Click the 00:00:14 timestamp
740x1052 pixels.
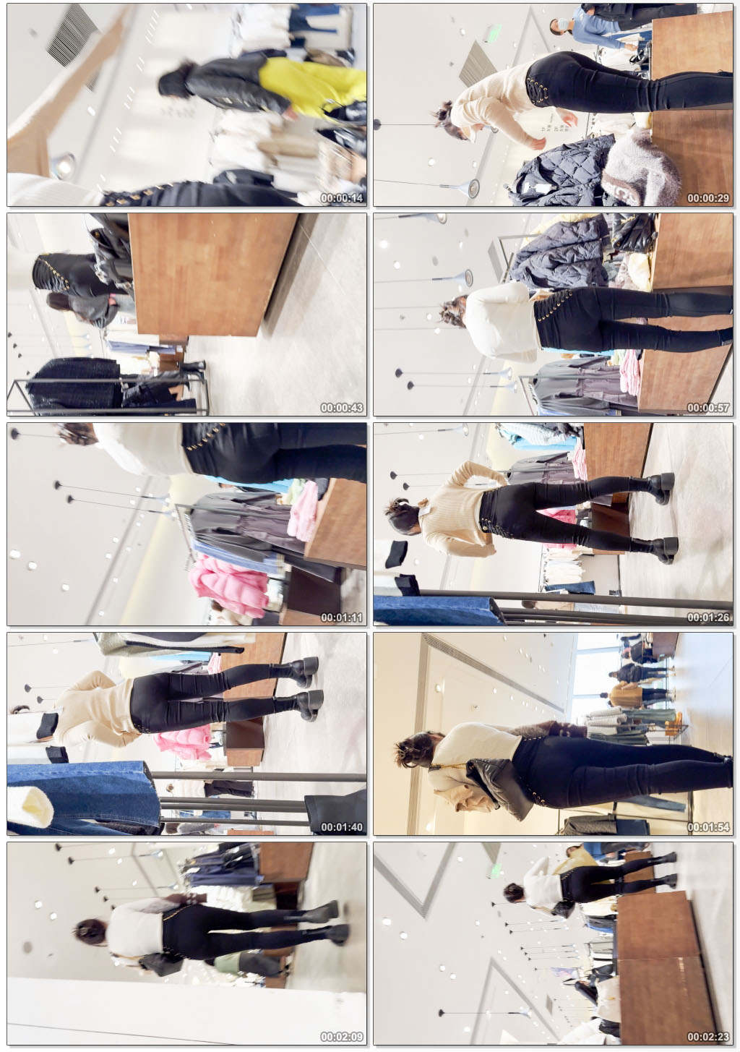[342, 198]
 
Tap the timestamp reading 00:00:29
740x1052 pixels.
[708, 198]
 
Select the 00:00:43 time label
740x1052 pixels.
[342, 408]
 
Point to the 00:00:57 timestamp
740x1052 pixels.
[708, 408]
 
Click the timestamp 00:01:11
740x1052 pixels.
[342, 617]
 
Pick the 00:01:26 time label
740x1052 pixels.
[708, 617]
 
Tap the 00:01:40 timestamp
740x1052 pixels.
[342, 827]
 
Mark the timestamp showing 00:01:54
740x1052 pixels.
[708, 827]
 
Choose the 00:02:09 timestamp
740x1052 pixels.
[342, 1037]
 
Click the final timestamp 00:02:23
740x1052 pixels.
[708, 1037]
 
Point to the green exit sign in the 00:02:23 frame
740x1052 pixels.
[494, 871]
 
